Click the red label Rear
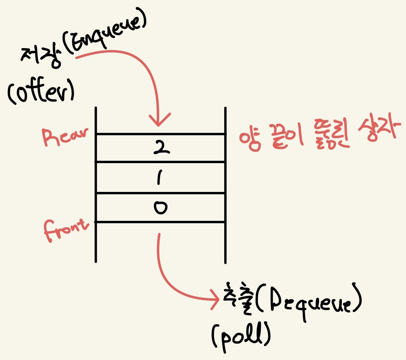click(x=65, y=136)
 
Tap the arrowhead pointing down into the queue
click(x=160, y=120)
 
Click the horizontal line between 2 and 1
click(x=160, y=162)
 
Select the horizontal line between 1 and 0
click(x=160, y=193)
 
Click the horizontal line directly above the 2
click(x=160, y=134)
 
